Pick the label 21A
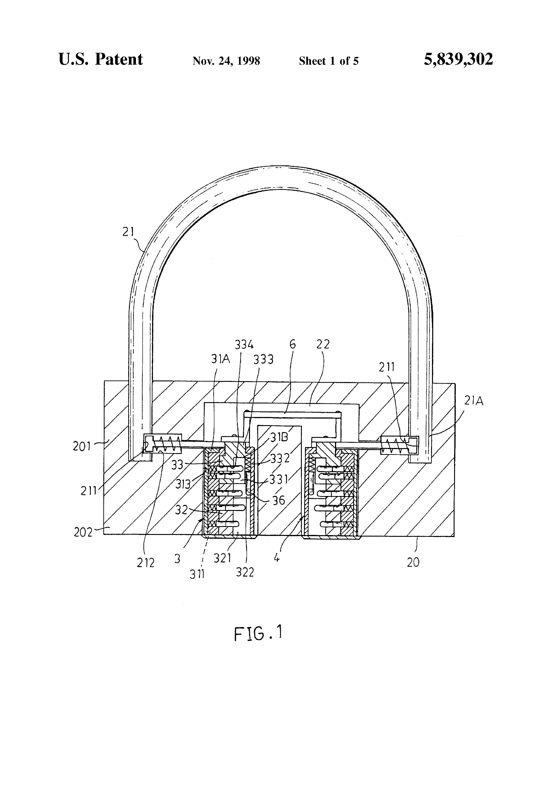473,401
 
